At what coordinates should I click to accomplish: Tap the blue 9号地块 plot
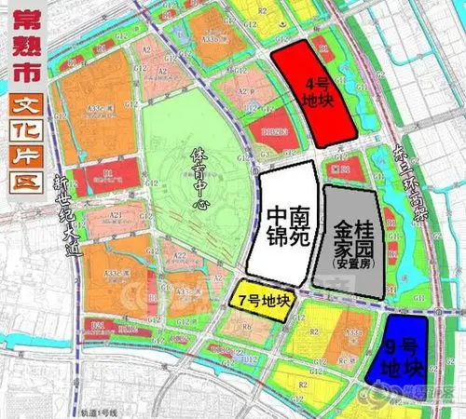click(x=398, y=351)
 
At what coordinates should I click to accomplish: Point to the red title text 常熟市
click(x=22, y=51)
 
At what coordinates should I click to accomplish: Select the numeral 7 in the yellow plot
click(x=244, y=302)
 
